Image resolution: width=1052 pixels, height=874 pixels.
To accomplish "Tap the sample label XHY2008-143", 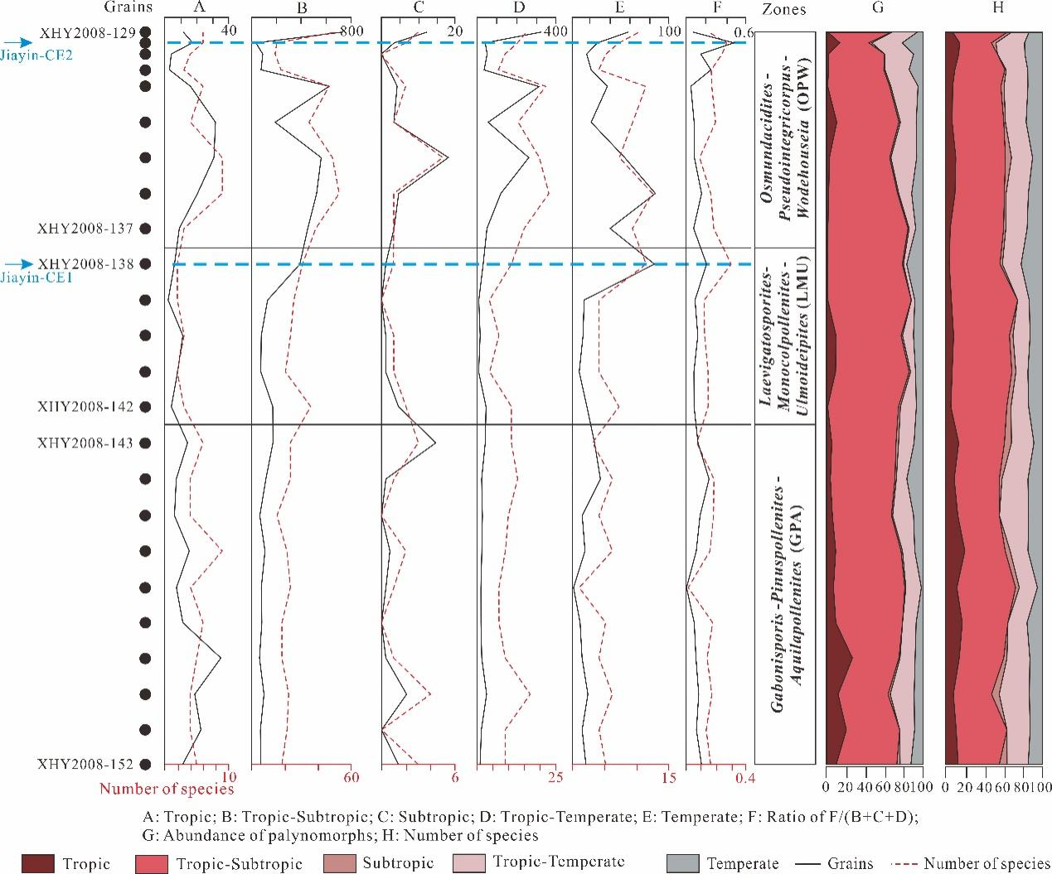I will (85, 443).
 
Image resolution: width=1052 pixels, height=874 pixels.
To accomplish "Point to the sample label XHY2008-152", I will (85, 764).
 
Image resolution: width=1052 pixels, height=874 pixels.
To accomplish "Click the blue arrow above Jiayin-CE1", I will (17, 264).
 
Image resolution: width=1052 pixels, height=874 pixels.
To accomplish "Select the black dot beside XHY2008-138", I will (146, 264).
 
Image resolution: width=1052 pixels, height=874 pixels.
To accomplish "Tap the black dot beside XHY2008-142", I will (146, 407).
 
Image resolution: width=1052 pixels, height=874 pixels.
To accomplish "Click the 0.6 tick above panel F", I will (743, 31).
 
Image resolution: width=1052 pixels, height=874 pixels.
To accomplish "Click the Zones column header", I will (783, 9).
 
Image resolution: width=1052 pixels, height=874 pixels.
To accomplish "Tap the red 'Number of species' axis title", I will (167, 789).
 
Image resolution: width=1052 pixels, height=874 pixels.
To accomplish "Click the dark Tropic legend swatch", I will (37, 862).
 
